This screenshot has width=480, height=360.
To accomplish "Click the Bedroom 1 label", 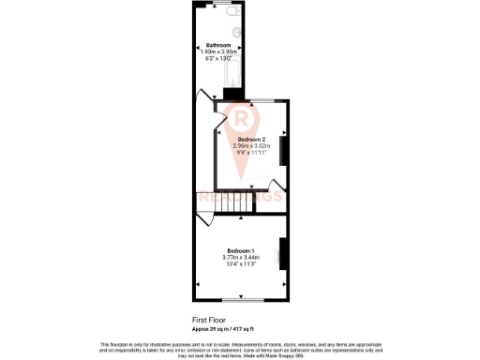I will point(239,250).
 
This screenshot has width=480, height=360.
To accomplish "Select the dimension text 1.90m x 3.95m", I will point(219,52).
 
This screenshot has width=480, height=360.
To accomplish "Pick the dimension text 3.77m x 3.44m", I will point(239,257).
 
